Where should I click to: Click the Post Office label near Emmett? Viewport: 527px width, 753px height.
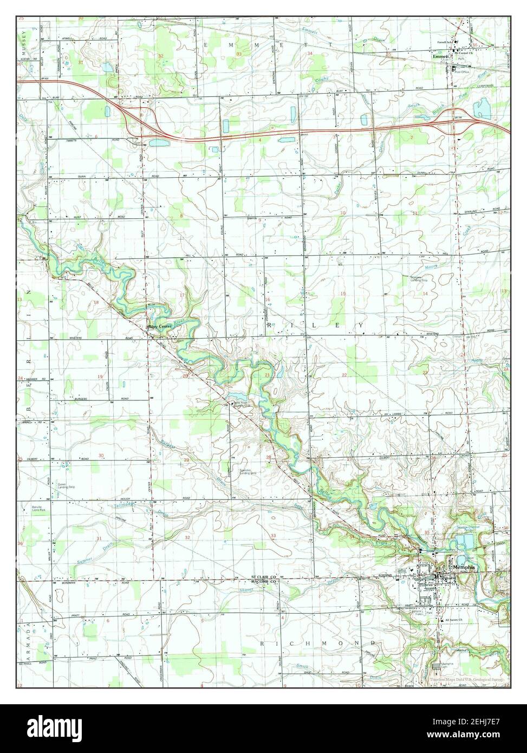click(461, 72)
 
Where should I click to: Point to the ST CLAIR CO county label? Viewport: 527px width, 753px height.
click(263, 577)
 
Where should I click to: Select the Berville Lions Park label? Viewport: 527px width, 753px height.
click(37, 509)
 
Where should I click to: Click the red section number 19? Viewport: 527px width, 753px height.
click(100, 376)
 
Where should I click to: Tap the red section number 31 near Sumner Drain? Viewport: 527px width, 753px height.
click(99, 538)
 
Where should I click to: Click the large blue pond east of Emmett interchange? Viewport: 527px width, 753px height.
click(482, 109)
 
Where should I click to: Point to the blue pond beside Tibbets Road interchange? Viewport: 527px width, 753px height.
click(158, 143)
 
